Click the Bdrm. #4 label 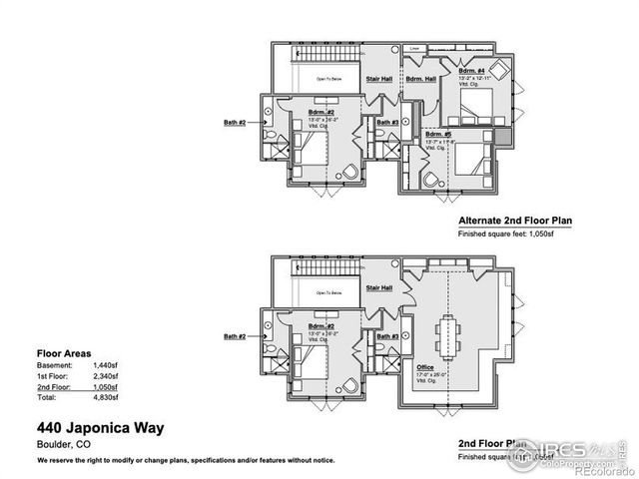click(x=472, y=72)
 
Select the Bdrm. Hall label click(x=418, y=78)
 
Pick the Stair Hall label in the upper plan click(x=379, y=78)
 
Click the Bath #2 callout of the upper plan click(x=235, y=123)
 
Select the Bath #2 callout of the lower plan click(x=235, y=335)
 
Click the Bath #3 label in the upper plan click(x=388, y=123)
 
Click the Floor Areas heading click(x=64, y=353)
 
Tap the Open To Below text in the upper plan click(x=329, y=79)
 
